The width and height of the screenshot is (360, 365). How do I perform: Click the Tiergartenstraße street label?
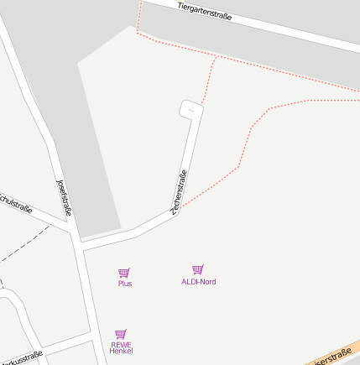(x=205, y=11)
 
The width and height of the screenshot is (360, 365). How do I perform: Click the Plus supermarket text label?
(x=125, y=284)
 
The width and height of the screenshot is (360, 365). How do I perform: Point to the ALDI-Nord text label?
(x=198, y=281)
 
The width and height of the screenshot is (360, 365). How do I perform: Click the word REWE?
(x=121, y=344)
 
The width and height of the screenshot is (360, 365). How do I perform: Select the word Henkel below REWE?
(x=121, y=351)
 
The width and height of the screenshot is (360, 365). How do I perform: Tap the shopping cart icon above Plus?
(x=124, y=272)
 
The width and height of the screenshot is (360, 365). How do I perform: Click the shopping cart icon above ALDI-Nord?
(x=198, y=269)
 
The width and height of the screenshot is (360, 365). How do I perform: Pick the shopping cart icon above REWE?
(x=121, y=333)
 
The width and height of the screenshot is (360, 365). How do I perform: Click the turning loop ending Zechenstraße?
(x=191, y=109)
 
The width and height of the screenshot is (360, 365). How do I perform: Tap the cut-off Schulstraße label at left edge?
(x=15, y=203)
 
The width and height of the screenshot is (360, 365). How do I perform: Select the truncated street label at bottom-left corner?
(x=21, y=358)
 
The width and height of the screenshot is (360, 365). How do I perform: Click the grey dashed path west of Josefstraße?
(x=25, y=244)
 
